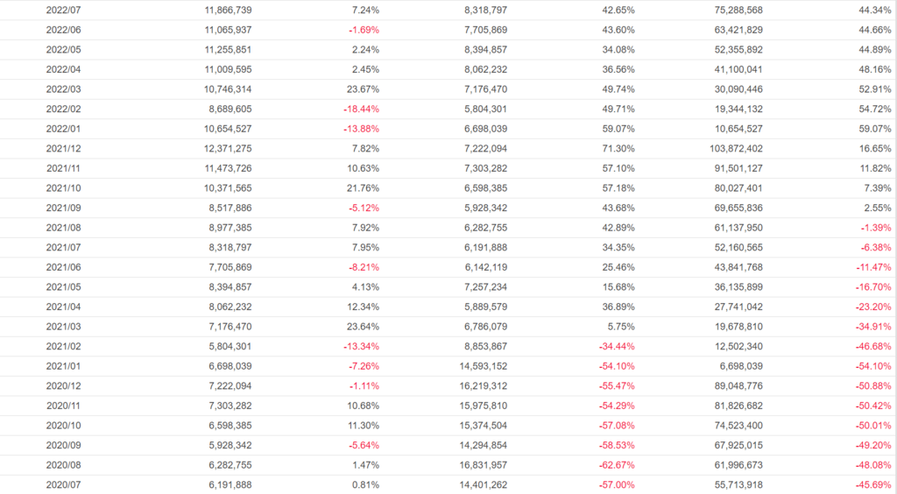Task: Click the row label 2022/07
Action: click(64, 10)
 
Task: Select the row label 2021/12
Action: click(64, 148)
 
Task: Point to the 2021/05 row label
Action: click(64, 286)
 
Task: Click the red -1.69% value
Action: click(363, 30)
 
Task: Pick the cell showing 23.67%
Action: click(363, 89)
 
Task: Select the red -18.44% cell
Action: click(360, 109)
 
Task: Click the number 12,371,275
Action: click(222, 148)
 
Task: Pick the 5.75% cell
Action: click(621, 325)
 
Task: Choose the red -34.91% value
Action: click(872, 325)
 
